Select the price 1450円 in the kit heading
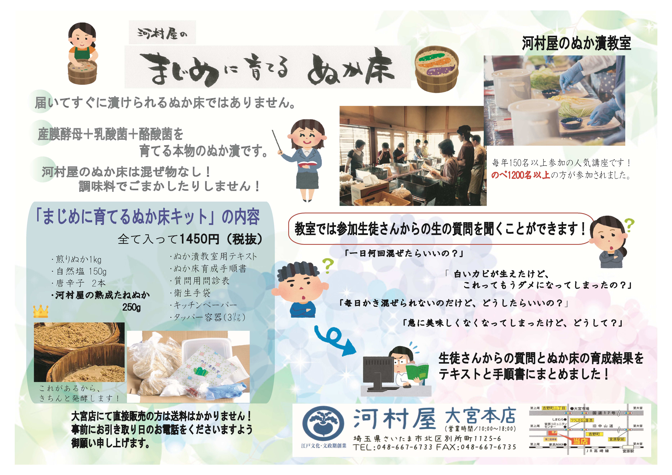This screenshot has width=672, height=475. coord(199,239)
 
